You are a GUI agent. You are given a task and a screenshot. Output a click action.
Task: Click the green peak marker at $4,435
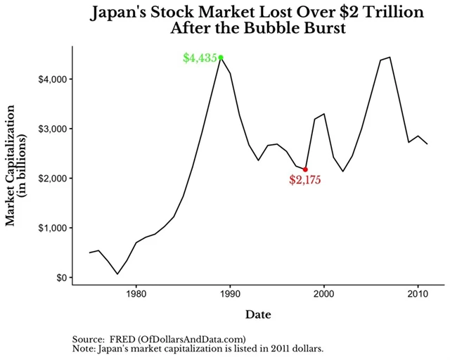point(221,58)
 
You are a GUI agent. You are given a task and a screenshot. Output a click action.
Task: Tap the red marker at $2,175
point(305,169)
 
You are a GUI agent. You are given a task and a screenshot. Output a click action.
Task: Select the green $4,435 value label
point(200,58)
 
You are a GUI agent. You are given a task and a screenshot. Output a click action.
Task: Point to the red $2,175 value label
point(305,180)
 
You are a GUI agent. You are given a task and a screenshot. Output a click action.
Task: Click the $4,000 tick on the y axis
point(53,79)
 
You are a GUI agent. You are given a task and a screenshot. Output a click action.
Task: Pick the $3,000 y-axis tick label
point(53,129)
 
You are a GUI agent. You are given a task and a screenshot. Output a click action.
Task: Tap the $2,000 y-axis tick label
point(53,179)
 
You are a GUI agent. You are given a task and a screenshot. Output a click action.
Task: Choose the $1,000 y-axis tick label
point(53,228)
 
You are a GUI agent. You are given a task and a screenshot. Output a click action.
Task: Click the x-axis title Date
point(258,314)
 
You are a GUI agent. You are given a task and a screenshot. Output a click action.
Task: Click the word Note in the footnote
point(84,348)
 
